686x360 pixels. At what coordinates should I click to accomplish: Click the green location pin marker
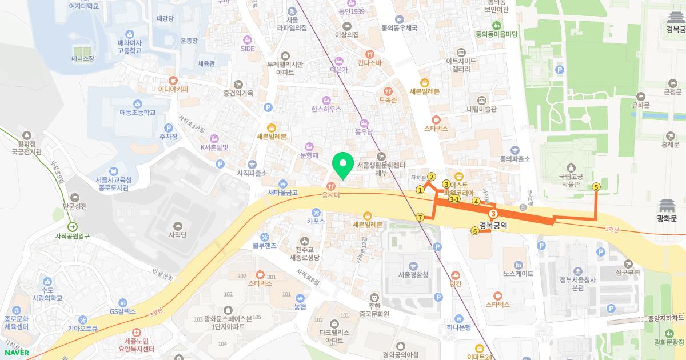tap(343, 166)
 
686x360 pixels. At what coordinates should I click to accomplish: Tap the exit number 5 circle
tap(596, 187)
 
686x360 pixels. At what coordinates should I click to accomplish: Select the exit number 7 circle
tap(421, 217)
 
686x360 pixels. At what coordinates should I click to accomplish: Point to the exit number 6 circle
tap(474, 231)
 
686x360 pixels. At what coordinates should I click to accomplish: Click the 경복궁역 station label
tap(493, 225)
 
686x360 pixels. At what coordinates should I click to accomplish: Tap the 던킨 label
tap(456, 283)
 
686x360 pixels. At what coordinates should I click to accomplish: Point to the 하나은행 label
tap(459, 327)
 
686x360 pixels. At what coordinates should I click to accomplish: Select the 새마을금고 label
tap(283, 193)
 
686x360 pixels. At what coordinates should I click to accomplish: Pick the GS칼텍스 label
tap(123, 311)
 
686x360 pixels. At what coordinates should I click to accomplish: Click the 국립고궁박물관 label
tap(569, 181)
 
